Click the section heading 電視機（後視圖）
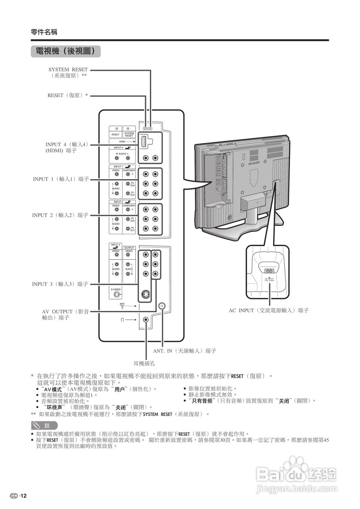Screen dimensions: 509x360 (x=65, y=51)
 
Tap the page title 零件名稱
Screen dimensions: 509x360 (x=44, y=32)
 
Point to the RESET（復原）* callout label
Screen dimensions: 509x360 (x=68, y=95)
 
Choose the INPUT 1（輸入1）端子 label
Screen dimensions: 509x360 (x=61, y=179)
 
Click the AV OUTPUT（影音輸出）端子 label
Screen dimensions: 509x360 (x=66, y=315)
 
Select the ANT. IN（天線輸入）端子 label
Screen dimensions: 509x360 (x=185, y=352)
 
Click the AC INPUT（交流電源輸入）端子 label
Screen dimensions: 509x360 (x=269, y=310)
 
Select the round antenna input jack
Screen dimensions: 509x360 (x=162, y=306)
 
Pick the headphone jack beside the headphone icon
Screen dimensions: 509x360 (x=147, y=319)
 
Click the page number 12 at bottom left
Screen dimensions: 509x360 (x=19, y=495)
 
